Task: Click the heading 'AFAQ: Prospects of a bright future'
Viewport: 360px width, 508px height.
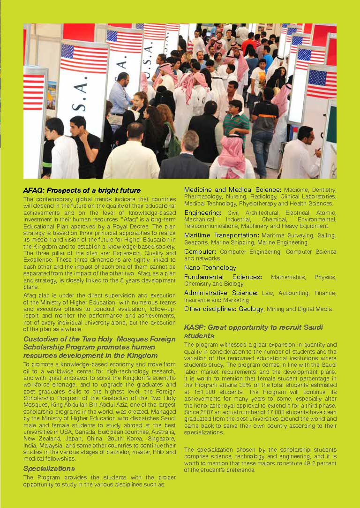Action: click(x=82, y=190)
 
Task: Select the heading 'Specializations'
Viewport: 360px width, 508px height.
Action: click(x=49, y=468)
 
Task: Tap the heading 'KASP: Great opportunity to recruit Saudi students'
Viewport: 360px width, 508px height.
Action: click(x=253, y=331)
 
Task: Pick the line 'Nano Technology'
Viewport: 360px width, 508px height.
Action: click(x=210, y=267)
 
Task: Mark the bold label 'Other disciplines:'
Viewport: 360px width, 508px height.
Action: click(x=210, y=309)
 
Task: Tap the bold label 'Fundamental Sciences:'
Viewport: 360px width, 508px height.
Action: click(x=223, y=277)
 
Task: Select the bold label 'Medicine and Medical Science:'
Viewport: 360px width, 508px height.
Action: click(x=232, y=190)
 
